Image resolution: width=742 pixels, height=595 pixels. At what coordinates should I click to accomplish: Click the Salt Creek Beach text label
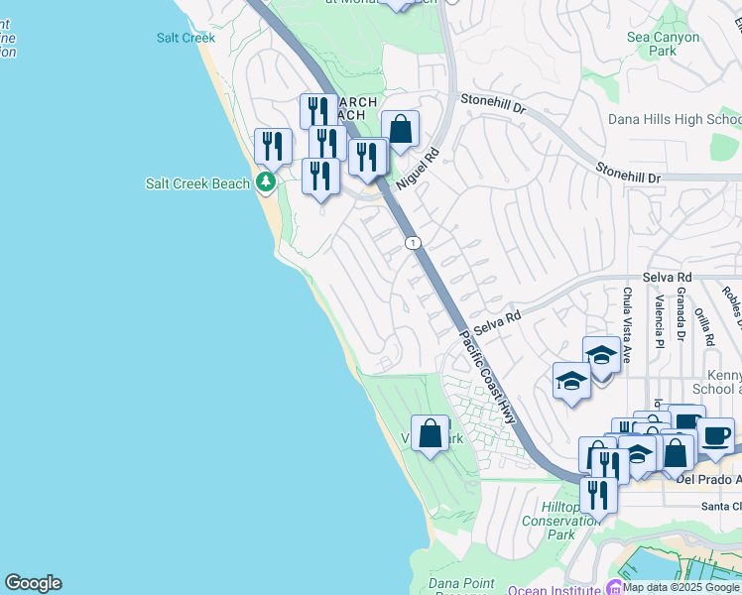coord(196,183)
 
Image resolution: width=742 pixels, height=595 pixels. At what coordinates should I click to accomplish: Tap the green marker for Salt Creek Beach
coord(265,182)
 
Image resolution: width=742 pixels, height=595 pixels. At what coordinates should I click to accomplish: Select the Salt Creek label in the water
coord(185,38)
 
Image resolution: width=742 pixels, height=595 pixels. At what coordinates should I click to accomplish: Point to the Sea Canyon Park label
coord(663,44)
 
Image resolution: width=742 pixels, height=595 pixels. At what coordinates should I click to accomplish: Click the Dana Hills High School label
coord(674,119)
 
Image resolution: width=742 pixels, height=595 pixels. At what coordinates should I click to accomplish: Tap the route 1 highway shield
coord(413,243)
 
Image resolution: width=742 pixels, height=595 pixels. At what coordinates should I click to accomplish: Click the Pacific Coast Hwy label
coord(487,377)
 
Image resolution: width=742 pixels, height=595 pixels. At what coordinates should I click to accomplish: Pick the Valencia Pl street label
coord(659,320)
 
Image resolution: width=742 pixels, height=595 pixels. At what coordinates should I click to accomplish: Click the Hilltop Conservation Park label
coord(560,521)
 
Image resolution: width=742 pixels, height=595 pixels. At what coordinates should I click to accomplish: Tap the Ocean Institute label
coord(554,589)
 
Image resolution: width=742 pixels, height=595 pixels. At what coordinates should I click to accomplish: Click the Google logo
coord(33,583)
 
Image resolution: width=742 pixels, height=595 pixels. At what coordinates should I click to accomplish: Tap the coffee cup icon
coord(715,435)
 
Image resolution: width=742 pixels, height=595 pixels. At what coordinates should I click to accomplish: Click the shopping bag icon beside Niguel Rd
coord(400,129)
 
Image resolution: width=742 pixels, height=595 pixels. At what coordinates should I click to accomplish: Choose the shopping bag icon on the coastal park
coord(431,433)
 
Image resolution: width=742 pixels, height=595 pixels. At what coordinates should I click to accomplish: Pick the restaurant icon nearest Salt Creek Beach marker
coord(273,146)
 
